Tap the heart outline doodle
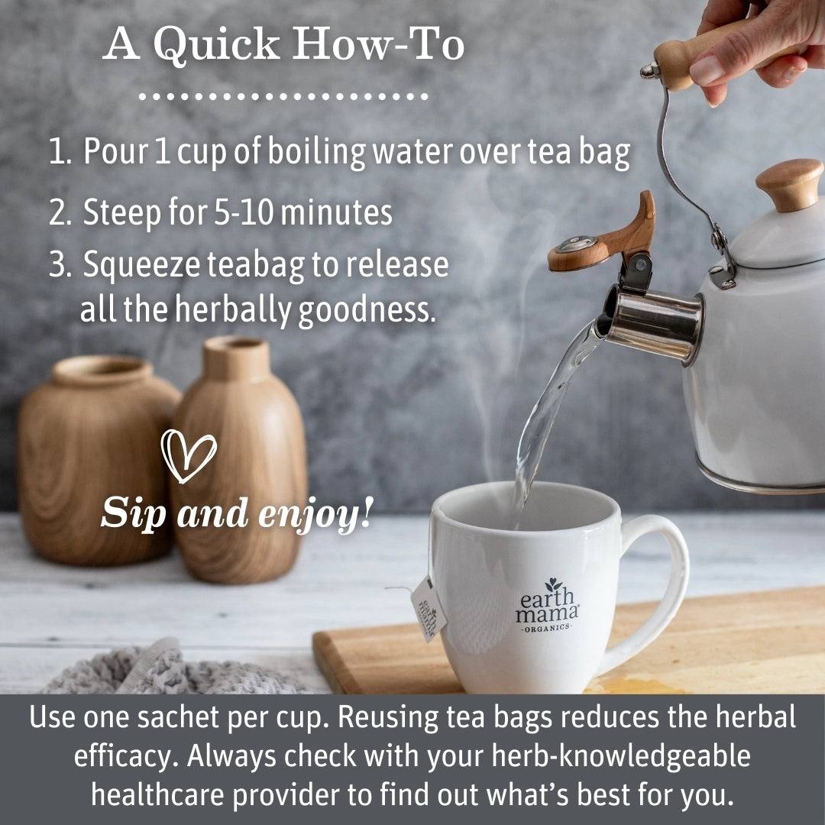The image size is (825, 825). (188, 455)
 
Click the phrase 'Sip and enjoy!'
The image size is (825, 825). (237, 513)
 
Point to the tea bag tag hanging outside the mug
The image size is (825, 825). (428, 609)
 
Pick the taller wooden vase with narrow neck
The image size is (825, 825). (241, 458)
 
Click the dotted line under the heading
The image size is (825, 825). (283, 97)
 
